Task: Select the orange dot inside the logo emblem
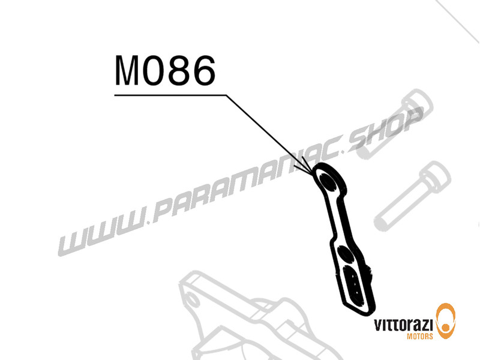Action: (x=446, y=327)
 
